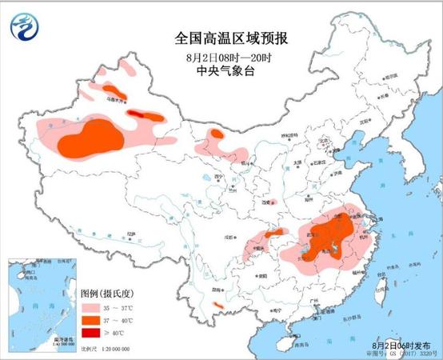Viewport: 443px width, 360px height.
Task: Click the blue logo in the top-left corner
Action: point(23,27)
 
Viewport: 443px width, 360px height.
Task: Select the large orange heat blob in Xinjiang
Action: point(93,138)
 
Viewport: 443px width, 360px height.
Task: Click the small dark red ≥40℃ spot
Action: point(142,115)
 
